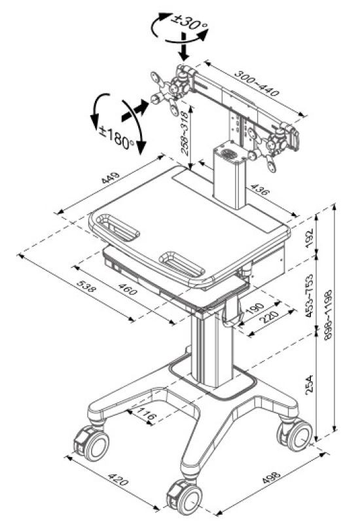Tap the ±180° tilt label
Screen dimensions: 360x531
[x=117, y=136]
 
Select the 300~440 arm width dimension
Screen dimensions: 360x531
[x=257, y=83]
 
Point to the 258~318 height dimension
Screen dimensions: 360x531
[x=185, y=133]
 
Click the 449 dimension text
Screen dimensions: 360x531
[x=111, y=178]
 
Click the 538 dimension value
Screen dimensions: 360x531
[x=86, y=287]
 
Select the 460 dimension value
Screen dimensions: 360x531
[x=128, y=289]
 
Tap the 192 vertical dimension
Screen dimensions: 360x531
[x=309, y=238]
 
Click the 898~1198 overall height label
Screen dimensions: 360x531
[x=328, y=314]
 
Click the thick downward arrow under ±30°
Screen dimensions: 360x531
[x=184, y=46]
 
